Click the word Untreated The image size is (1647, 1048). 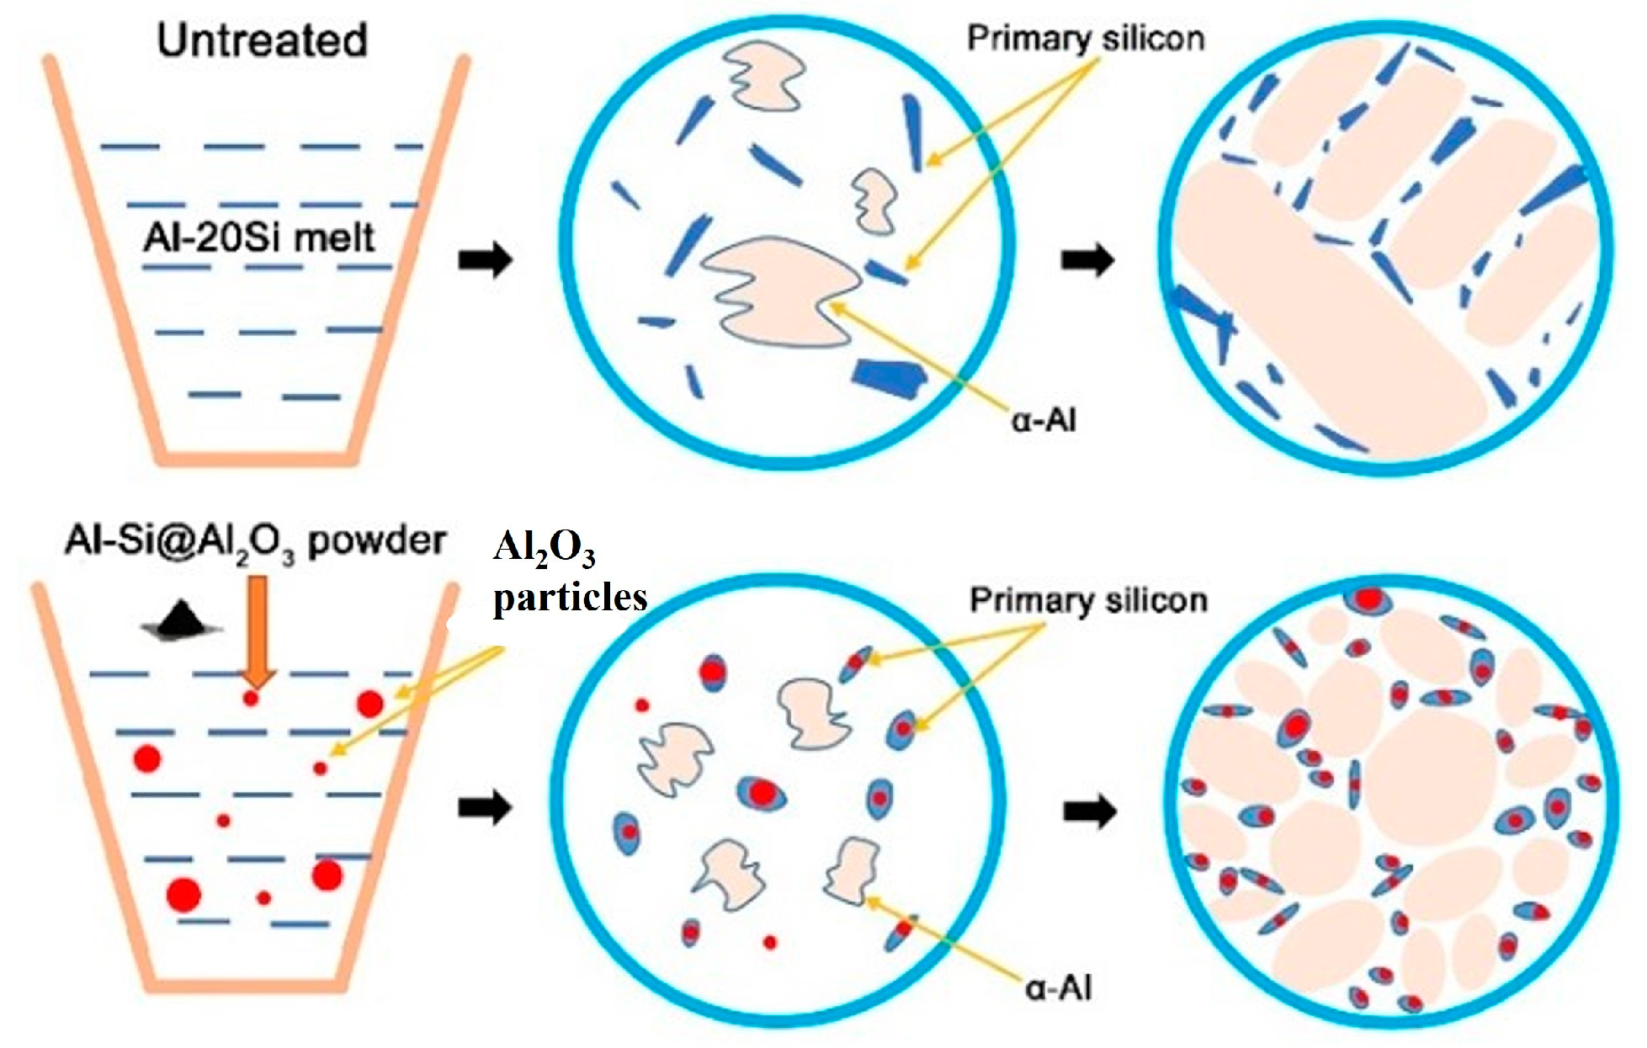[262, 40]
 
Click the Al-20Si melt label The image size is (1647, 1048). [259, 238]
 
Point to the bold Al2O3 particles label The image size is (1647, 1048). [569, 572]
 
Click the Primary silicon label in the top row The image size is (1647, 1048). [1085, 39]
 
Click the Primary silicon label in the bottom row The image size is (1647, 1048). [1088, 600]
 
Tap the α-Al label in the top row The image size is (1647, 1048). [1044, 418]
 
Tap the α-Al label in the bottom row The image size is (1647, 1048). [1058, 987]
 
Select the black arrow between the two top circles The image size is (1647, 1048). [1087, 260]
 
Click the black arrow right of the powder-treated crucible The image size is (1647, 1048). [486, 809]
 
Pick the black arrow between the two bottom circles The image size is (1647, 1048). [1090, 811]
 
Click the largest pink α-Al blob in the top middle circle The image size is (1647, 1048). [778, 295]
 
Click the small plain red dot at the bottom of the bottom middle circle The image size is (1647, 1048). [769, 942]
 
